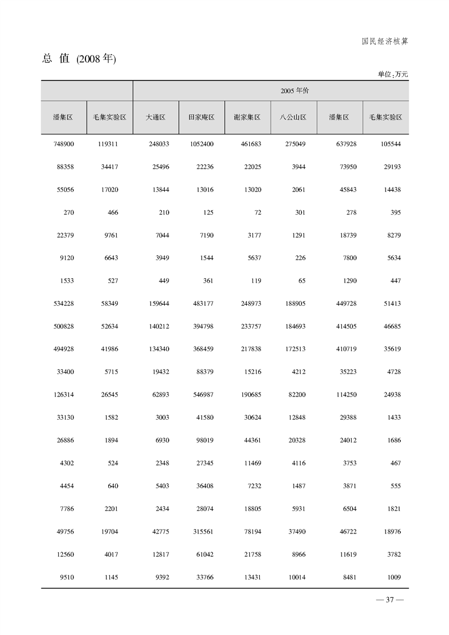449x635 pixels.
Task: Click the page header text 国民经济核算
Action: click(385, 41)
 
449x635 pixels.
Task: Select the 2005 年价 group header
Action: click(294, 91)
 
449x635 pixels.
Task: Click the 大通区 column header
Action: click(155, 117)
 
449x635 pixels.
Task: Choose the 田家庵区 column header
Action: click(201, 117)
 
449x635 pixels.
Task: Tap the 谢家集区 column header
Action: click(247, 117)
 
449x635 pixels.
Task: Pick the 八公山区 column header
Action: click(293, 117)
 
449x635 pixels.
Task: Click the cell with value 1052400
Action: click(201, 144)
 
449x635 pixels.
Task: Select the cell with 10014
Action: click(296, 577)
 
